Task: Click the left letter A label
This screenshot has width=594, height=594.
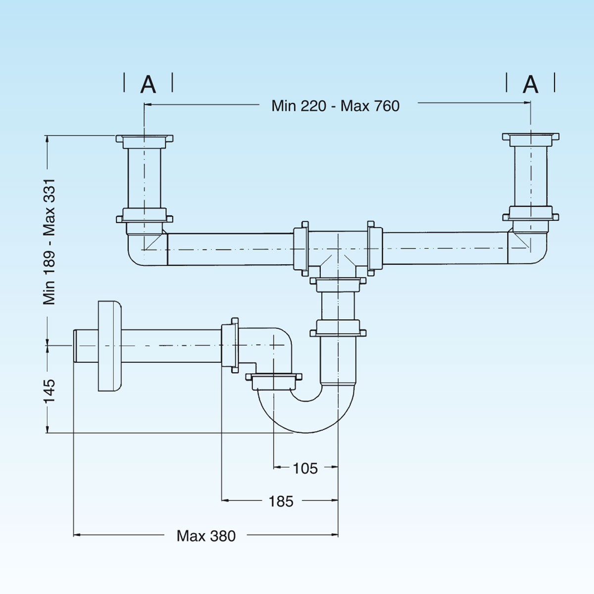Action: [148, 85]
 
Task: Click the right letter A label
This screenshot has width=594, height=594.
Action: [531, 85]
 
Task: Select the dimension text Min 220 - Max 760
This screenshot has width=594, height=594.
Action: [335, 106]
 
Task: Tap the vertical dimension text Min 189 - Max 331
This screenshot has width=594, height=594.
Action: [50, 242]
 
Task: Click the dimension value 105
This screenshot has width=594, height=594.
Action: [305, 468]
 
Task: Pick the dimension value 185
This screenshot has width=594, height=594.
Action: [281, 501]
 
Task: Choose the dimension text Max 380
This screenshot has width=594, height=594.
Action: [206, 536]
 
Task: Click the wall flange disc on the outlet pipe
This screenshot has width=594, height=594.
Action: [109, 346]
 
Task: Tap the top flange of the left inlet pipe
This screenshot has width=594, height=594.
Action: [145, 139]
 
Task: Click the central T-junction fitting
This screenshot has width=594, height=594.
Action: [338, 250]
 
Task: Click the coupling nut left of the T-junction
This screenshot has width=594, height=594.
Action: [301, 248]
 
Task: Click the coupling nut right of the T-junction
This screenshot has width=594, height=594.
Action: [375, 248]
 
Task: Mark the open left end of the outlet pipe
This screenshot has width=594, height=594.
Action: [75, 346]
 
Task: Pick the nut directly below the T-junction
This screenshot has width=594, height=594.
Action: [338, 285]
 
